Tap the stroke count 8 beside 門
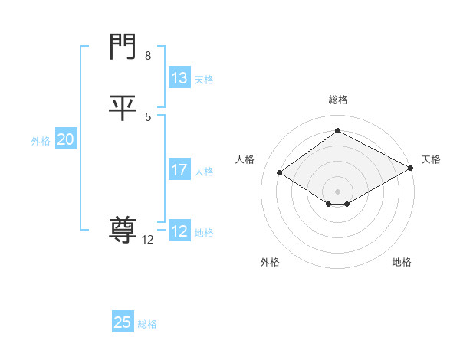(x=147, y=56)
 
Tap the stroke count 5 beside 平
(x=147, y=116)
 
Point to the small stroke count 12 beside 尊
(x=148, y=240)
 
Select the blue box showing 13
(x=179, y=78)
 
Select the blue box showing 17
(x=179, y=170)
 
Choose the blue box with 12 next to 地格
(x=179, y=231)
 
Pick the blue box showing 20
(x=66, y=139)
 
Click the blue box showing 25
(x=123, y=322)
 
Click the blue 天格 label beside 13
(x=204, y=80)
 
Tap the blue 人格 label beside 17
(x=204, y=172)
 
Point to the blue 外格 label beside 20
(x=41, y=141)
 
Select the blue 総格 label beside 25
(x=147, y=324)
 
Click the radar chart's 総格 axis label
(x=338, y=100)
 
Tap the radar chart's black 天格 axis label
(x=431, y=159)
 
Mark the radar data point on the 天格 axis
(x=411, y=169)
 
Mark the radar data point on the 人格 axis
(x=280, y=173)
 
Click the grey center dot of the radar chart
(x=338, y=191)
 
